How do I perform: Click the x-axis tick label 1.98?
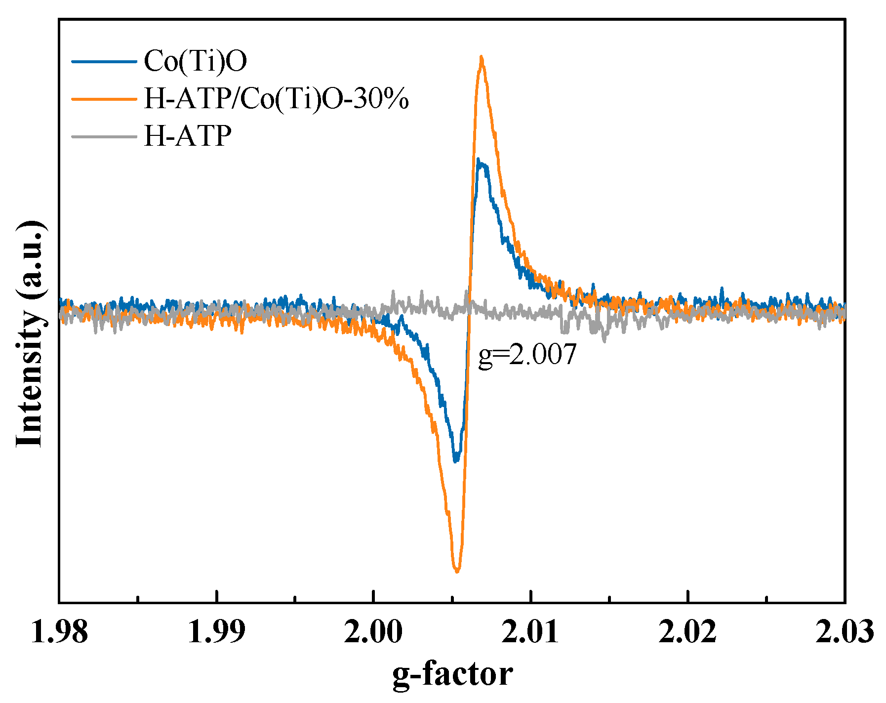(x=60, y=633)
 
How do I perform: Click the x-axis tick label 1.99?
(x=216, y=633)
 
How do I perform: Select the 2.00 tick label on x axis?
(x=373, y=633)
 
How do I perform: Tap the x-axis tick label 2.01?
(x=530, y=633)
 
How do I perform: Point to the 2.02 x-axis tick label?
(x=687, y=633)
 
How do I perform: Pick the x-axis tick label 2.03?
(x=845, y=633)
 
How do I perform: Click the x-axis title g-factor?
(x=452, y=675)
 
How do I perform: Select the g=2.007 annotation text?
(x=527, y=354)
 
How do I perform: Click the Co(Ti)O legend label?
(x=196, y=61)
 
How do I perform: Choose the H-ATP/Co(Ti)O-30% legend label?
(x=276, y=98)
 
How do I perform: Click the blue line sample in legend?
(x=104, y=62)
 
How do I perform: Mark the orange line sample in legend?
(x=104, y=98)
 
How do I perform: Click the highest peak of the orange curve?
(x=481, y=57)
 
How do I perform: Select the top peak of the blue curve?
(x=478, y=160)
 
